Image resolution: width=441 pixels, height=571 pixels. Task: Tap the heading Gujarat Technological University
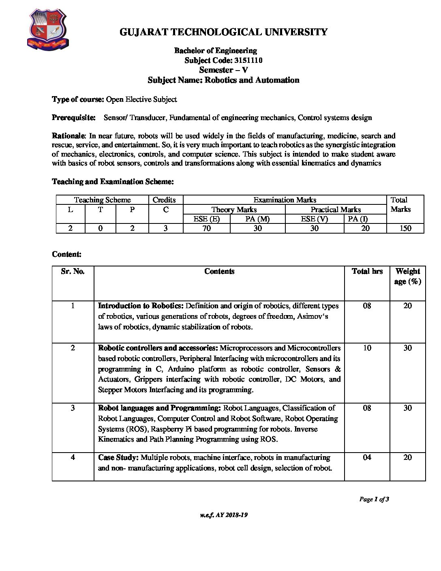[223, 32]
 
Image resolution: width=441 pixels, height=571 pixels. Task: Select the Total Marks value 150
[405, 228]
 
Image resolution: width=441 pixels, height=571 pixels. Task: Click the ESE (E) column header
[207, 219]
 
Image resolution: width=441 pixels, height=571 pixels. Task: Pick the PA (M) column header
[257, 219]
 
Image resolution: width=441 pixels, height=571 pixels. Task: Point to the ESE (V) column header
[314, 219]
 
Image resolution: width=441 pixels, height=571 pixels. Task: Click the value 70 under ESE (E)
[207, 228]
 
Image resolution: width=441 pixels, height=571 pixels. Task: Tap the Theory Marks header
[234, 210]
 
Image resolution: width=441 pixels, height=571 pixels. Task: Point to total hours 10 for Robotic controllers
[367, 348]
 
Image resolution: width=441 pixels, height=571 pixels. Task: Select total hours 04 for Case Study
[367, 457]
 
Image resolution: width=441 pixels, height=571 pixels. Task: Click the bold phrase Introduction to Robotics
[141, 306]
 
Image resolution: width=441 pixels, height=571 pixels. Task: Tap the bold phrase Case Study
[118, 457]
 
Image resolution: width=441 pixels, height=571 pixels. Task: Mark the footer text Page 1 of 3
[374, 499]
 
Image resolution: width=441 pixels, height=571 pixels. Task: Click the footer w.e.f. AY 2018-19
[224, 515]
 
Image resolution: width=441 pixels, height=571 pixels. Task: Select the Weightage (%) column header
[407, 276]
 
